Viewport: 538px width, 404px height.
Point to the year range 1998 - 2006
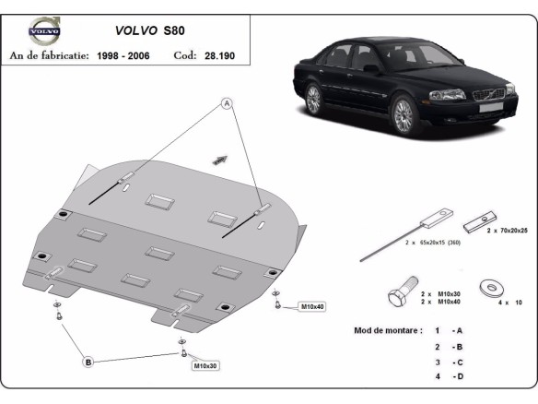128,55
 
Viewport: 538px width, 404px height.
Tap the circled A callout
225,104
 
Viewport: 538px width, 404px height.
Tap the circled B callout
88,362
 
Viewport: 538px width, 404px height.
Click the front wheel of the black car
403,115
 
